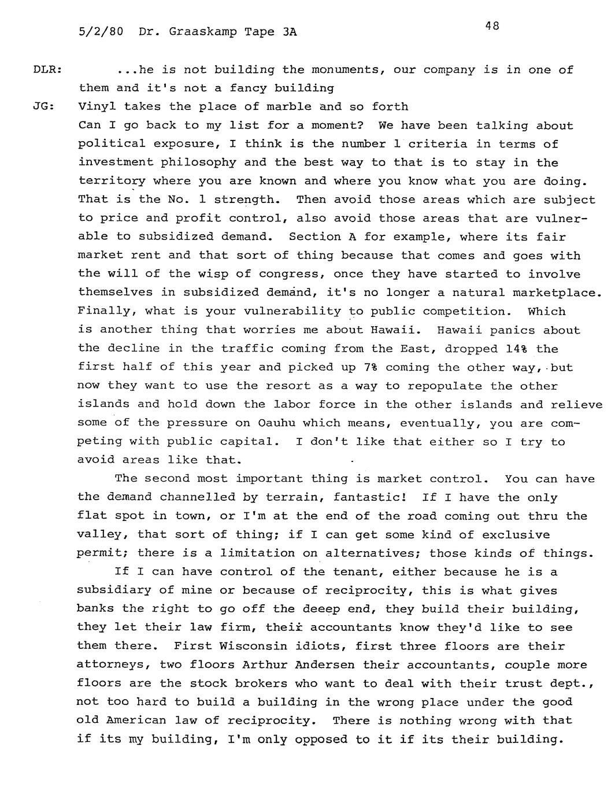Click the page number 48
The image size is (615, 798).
click(492, 25)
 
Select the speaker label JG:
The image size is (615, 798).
click(43, 107)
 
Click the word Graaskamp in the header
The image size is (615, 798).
click(202, 32)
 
